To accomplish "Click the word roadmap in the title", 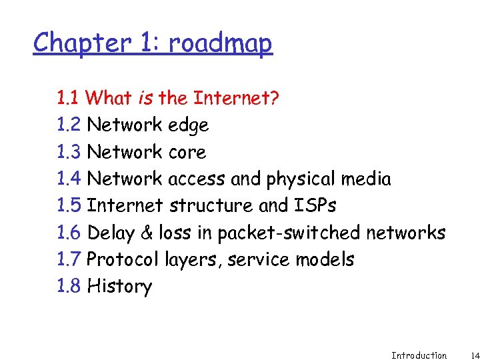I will (x=221, y=43).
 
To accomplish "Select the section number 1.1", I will (x=69, y=99).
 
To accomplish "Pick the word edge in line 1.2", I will (x=189, y=126).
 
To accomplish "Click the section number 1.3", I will (x=69, y=153).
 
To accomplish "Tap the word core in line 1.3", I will (x=187, y=153).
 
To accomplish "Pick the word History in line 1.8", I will (x=119, y=287).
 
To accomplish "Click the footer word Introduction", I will (x=419, y=355).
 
